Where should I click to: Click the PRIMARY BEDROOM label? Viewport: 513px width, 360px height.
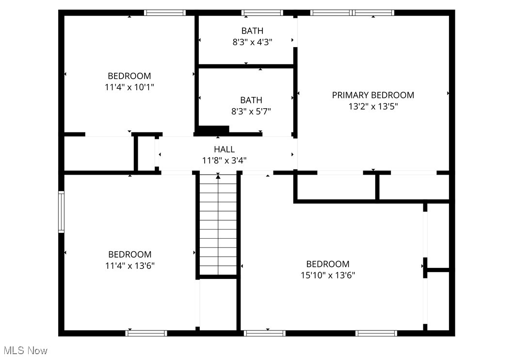pyautogui.click(x=373, y=95)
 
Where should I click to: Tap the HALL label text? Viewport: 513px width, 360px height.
pyautogui.click(x=224, y=149)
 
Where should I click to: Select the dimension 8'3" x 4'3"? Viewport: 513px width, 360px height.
pyautogui.click(x=252, y=42)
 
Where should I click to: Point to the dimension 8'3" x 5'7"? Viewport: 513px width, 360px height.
pyautogui.click(x=251, y=111)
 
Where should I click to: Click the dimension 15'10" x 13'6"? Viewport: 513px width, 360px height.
pyautogui.click(x=327, y=275)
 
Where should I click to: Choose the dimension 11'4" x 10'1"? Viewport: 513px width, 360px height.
pyautogui.click(x=129, y=87)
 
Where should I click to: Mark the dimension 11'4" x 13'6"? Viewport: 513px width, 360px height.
pyautogui.click(x=129, y=265)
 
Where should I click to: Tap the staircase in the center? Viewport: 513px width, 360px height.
pyautogui.click(x=218, y=226)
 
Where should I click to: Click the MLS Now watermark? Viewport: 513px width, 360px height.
pyautogui.click(x=25, y=350)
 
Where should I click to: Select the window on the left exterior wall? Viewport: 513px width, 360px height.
pyautogui.click(x=61, y=212)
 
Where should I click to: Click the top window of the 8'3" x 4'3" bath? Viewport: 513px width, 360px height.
pyautogui.click(x=262, y=13)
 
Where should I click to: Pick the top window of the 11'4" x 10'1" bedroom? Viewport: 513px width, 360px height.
pyautogui.click(x=165, y=13)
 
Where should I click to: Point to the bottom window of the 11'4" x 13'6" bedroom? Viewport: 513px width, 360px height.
pyautogui.click(x=146, y=333)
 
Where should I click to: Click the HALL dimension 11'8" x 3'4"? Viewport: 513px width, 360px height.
pyautogui.click(x=224, y=160)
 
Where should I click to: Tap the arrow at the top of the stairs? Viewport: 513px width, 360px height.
pyautogui.click(x=218, y=176)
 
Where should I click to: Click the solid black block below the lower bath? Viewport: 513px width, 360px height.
pyautogui.click(x=212, y=130)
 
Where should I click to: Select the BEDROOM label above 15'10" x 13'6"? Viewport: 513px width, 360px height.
pyautogui.click(x=327, y=264)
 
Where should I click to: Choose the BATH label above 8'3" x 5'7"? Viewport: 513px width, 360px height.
pyautogui.click(x=251, y=100)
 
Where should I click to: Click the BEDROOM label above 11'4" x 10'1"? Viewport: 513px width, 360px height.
pyautogui.click(x=129, y=76)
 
